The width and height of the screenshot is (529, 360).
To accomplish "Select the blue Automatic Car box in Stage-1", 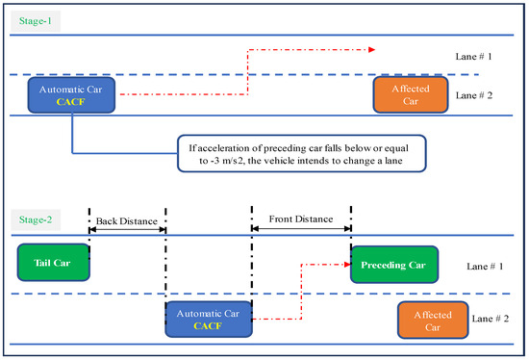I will (73, 93).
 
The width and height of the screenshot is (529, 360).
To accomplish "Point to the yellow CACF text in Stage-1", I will (73, 100).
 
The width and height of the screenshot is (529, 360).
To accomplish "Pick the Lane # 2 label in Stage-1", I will (476, 94).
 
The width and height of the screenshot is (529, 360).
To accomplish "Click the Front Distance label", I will (301, 219).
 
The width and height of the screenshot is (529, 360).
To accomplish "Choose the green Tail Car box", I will (52, 261).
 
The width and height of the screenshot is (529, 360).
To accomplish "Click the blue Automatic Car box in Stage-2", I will (208, 318).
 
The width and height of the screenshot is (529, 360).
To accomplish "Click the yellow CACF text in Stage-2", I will (208, 325).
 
